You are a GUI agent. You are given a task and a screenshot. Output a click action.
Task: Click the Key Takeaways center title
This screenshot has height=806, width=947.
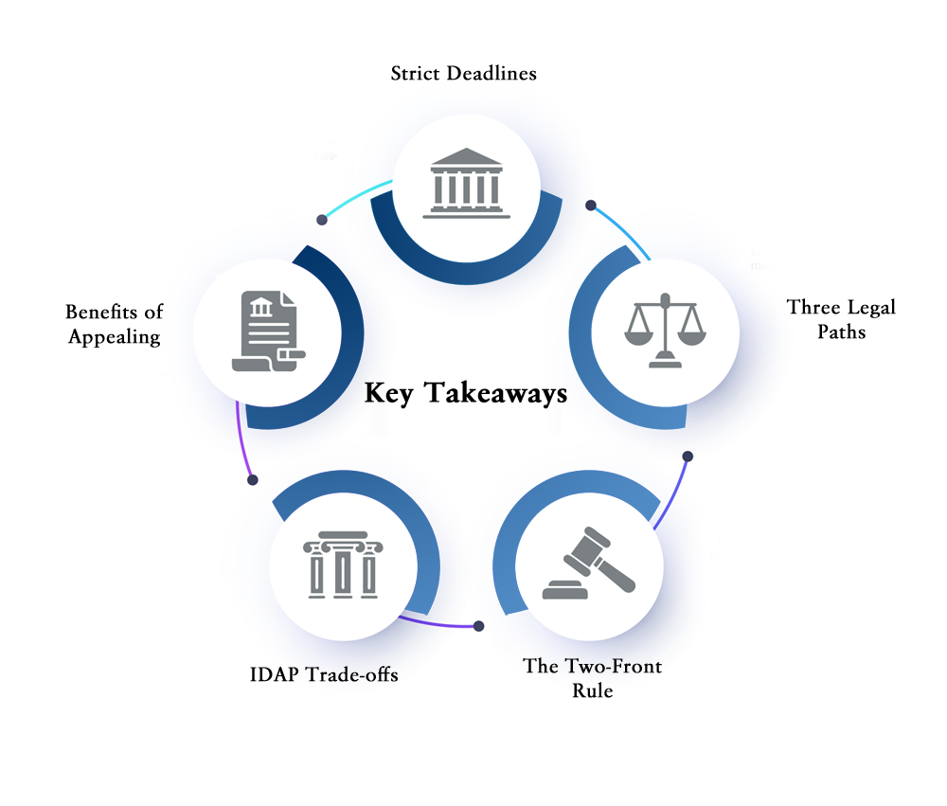(x=466, y=393)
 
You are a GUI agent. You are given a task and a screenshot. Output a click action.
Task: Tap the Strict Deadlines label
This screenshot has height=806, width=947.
(x=463, y=73)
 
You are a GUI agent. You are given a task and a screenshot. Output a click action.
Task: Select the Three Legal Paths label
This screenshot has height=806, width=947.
(x=841, y=319)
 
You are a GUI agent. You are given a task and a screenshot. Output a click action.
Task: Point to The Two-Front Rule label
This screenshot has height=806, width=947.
(x=593, y=678)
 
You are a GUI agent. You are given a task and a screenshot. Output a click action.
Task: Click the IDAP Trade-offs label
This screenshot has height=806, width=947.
(x=324, y=674)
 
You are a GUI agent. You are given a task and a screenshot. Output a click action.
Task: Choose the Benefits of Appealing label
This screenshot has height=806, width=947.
(x=115, y=324)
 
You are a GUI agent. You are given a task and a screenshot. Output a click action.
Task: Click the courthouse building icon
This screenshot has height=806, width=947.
(x=466, y=183)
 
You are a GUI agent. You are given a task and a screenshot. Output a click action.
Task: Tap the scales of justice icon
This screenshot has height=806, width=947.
(x=665, y=330)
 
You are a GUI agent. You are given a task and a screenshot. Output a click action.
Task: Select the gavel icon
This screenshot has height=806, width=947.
(x=589, y=564)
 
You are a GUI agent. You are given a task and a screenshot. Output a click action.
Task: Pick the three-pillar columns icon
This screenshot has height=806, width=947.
(x=343, y=564)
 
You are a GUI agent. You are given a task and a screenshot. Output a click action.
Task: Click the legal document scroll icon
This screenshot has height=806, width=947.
(x=269, y=331)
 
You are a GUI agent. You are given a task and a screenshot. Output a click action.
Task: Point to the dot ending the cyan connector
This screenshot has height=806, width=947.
(x=322, y=220)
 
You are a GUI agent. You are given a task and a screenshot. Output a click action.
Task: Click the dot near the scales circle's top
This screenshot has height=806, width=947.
(x=591, y=206)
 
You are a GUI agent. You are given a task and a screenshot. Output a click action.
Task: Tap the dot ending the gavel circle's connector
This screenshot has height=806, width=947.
(x=688, y=457)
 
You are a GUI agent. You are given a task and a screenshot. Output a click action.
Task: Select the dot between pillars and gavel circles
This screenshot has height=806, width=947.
(x=478, y=626)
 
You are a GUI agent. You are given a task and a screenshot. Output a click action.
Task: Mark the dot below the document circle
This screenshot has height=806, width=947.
(x=253, y=480)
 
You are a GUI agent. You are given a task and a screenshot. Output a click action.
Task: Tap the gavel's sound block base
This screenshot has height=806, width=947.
(x=564, y=590)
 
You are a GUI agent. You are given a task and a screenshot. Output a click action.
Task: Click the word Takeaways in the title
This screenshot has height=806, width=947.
(x=495, y=393)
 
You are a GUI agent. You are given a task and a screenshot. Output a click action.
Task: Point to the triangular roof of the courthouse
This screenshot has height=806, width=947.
(x=466, y=156)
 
